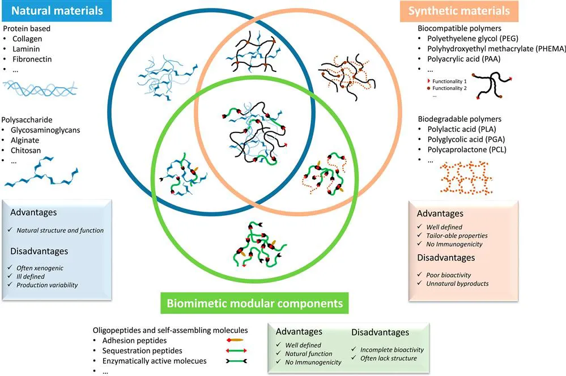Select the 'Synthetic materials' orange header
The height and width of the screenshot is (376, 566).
(466, 10)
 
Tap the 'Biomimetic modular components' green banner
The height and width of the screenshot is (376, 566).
(254, 303)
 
